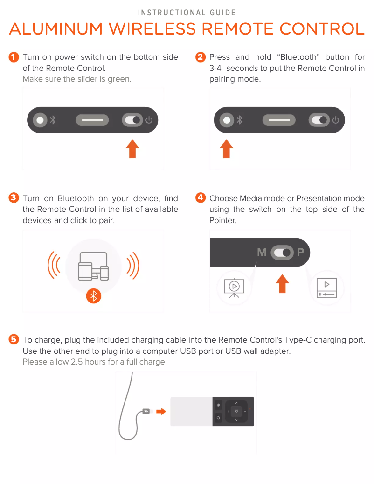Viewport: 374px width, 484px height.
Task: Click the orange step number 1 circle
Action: (x=14, y=57)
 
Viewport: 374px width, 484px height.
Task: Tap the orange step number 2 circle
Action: (x=201, y=57)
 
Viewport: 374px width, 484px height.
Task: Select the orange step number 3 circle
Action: (x=14, y=198)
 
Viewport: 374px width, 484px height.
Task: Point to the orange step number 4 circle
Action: (x=201, y=198)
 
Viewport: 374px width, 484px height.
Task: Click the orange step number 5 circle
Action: (x=14, y=339)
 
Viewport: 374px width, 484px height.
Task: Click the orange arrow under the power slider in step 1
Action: (x=133, y=148)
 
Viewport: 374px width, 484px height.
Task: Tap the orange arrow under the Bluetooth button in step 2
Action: (x=227, y=148)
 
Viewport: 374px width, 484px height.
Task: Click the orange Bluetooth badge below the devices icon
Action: (x=94, y=296)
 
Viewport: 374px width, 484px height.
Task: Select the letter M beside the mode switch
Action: (x=262, y=253)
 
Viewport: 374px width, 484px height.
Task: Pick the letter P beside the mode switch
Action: (x=301, y=253)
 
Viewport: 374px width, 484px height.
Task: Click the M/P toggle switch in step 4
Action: (x=282, y=253)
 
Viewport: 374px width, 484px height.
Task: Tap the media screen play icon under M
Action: (x=235, y=287)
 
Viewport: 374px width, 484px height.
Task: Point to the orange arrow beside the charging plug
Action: (x=161, y=412)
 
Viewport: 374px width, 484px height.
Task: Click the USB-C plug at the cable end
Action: (x=146, y=412)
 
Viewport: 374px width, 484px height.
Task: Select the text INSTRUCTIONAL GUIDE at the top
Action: (x=187, y=13)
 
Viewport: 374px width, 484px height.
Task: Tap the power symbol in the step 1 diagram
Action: (x=149, y=120)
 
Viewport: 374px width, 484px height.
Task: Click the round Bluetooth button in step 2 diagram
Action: (x=227, y=120)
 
